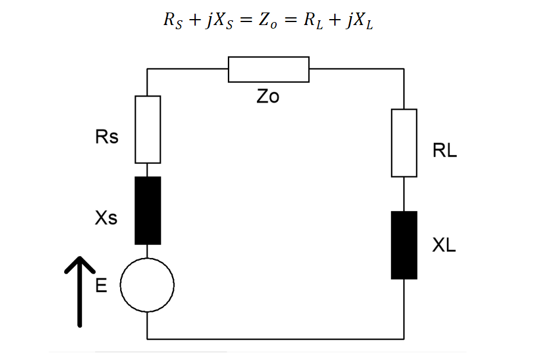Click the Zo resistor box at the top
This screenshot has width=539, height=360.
click(268, 69)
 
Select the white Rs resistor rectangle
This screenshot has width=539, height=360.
click(148, 129)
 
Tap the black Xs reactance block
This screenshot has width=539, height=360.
click(148, 210)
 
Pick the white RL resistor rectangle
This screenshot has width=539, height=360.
click(404, 142)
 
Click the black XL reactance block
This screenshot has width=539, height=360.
click(404, 245)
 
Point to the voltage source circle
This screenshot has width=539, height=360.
click(147, 285)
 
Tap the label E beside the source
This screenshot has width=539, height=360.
click(101, 287)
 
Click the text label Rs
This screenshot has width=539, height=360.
click(107, 137)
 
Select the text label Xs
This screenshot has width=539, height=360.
click(106, 219)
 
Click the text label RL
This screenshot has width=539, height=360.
click(444, 151)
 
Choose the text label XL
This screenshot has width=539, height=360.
click(444, 245)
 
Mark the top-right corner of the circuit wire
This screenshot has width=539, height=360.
click(404, 69)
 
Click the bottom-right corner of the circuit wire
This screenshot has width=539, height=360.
click(404, 339)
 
